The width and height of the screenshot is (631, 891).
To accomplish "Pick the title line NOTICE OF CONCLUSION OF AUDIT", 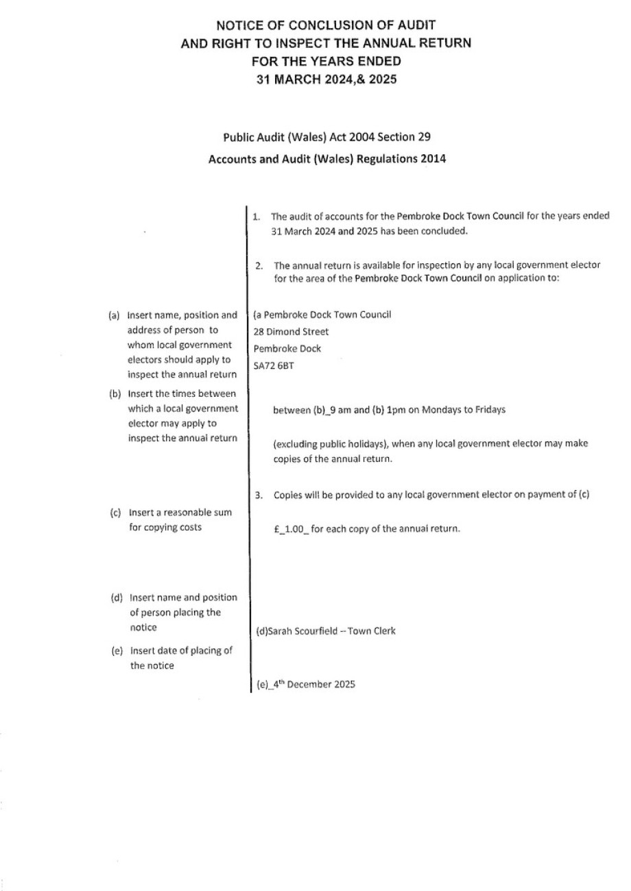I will pos(326,26).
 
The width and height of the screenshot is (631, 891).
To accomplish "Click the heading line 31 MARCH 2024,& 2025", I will pos(326,79).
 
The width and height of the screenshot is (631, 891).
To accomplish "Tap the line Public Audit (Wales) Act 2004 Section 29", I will pos(326,136).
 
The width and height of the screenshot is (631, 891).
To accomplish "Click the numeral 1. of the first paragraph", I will pos(256,217).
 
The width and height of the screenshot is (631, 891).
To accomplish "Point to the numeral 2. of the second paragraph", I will pos(259,265).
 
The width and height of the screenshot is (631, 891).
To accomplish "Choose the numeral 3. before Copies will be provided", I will pos(259,495).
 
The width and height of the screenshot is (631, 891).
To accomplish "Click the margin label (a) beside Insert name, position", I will pos(115,316).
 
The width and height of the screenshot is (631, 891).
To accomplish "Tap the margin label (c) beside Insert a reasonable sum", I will pos(116,513).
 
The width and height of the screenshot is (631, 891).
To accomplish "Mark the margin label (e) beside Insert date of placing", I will pos(117,651).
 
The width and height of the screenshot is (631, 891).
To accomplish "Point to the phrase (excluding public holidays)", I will pos(331,443).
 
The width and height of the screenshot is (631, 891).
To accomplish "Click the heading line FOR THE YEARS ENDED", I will pos(326,61).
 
